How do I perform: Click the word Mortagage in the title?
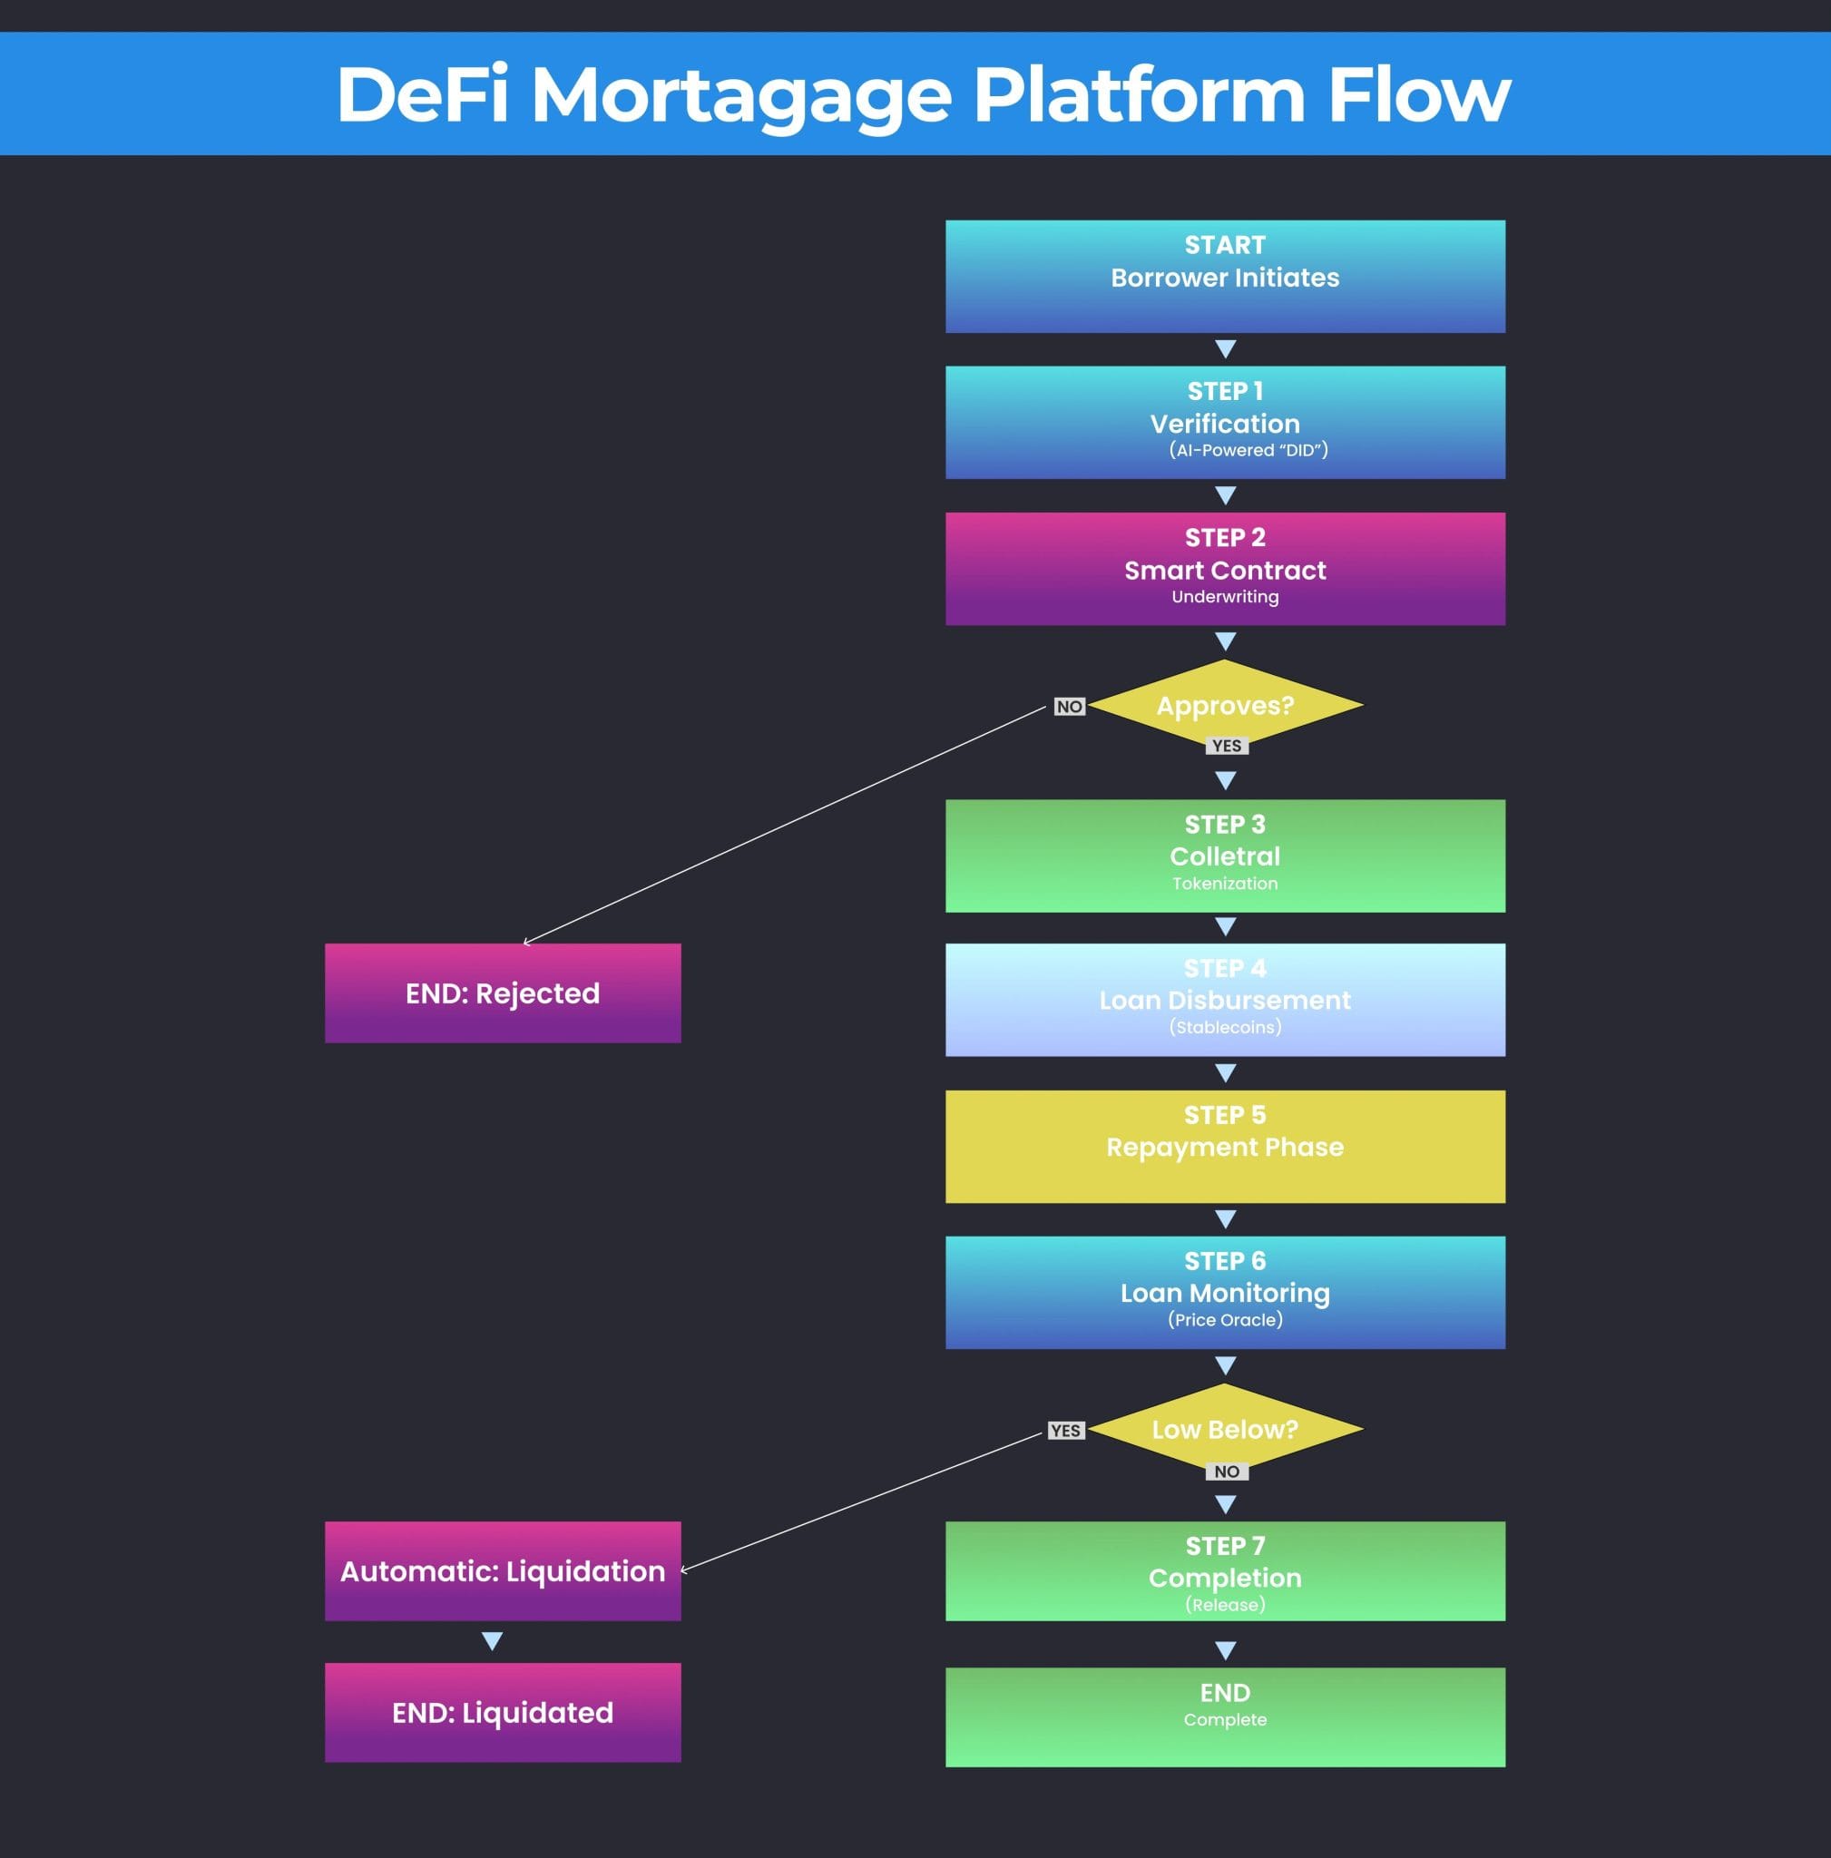740,96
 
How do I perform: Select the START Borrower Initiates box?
1224,277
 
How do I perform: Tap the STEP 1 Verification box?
1224,422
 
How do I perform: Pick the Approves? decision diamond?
1224,705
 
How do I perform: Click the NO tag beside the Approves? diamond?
1069,707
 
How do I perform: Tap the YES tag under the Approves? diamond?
1226,747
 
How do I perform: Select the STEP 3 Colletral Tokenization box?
1224,856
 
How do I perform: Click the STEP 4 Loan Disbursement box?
1224,1000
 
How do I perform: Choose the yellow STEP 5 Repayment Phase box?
1224,1147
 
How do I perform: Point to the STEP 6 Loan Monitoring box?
1224,1293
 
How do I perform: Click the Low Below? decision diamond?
1224,1429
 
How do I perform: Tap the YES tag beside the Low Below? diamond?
1064,1431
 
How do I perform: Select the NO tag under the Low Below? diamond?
1226,1472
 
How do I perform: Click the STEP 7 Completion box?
1224,1570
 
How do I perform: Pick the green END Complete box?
1224,1716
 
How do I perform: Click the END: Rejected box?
502,993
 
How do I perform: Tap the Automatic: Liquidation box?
502,1570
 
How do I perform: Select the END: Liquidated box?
502,1713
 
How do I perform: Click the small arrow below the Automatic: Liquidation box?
493,1640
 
